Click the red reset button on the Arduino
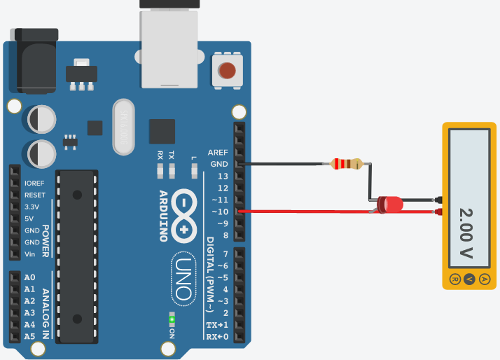pyautogui.click(x=227, y=70)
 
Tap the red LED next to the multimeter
pyautogui.click(x=390, y=205)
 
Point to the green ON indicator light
pyautogui.click(x=172, y=320)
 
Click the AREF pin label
pyautogui.click(x=218, y=152)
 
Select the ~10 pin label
pyautogui.click(x=219, y=212)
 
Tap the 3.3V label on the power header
pyautogui.click(x=33, y=207)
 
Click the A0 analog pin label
pyautogui.click(x=29, y=277)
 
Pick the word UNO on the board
pyautogui.click(x=182, y=278)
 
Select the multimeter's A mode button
pyautogui.click(x=485, y=279)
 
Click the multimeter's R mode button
pyautogui.click(x=454, y=279)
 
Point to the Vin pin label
pyautogui.click(x=31, y=254)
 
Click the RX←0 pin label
pyautogui.click(x=217, y=337)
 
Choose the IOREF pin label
pyautogui.click(x=35, y=183)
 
